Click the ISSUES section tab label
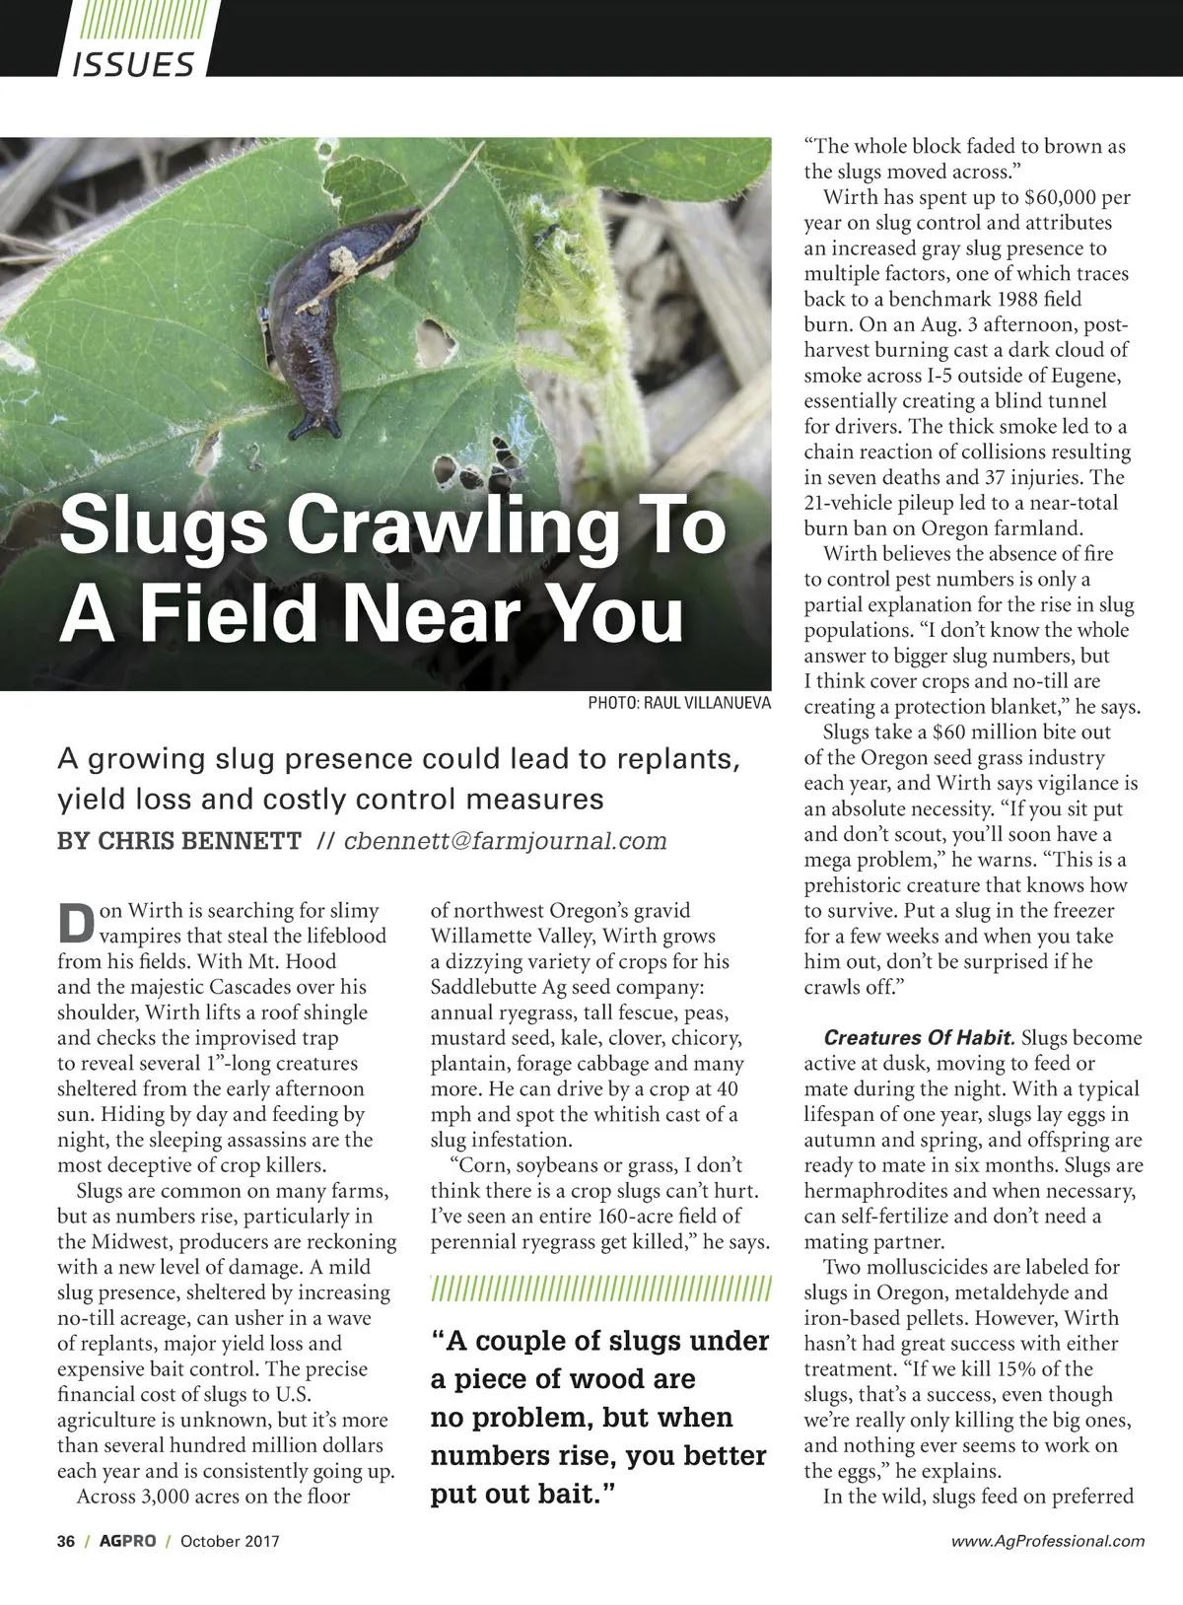click(x=132, y=65)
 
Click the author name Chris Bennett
click(x=179, y=841)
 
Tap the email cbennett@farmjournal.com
click(x=505, y=841)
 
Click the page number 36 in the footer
click(x=67, y=1541)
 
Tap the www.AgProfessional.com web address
click(x=1049, y=1541)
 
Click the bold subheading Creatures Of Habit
click(x=918, y=1038)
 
